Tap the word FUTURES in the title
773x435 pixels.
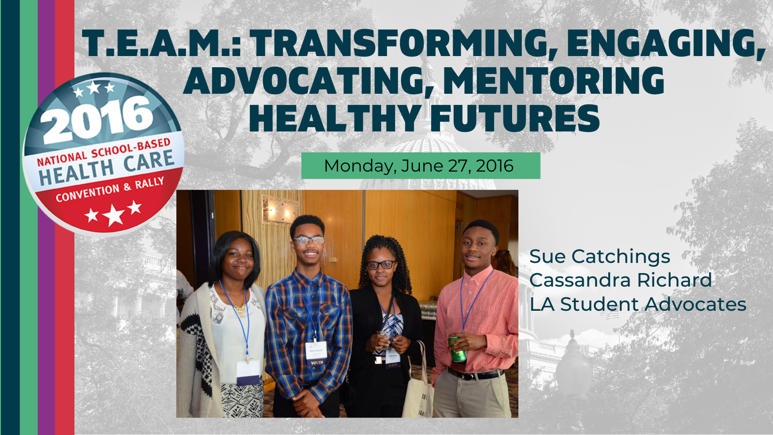coord(515,118)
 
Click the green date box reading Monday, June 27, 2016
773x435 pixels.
coord(421,166)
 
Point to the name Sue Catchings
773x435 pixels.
coord(600,257)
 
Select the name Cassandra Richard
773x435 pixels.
coord(620,280)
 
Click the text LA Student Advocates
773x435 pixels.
coord(638,304)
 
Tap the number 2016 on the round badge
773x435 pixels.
coord(98,119)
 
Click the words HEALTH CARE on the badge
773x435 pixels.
coord(107,167)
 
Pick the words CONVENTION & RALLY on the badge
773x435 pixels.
coord(110,189)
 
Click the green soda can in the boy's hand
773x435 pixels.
coord(458,350)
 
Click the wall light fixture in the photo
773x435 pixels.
coord(280,209)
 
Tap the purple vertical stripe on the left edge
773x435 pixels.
coord(46,217)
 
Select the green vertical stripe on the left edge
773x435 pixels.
coord(29,217)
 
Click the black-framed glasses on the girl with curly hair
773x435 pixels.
coord(381,265)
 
